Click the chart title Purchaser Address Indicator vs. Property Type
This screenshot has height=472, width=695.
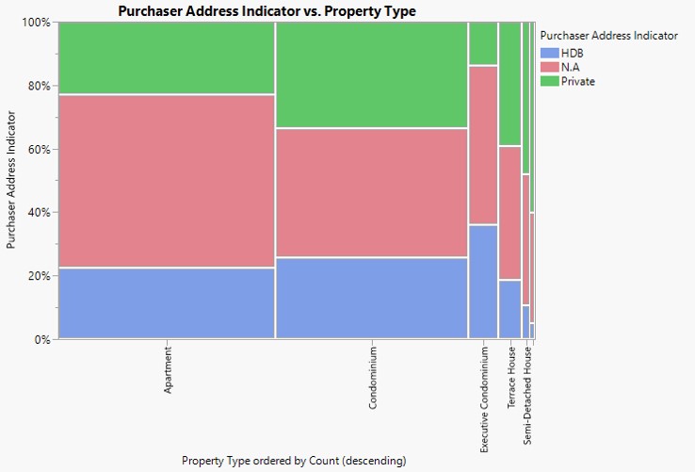[267, 11]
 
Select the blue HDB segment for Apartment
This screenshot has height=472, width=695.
[167, 302]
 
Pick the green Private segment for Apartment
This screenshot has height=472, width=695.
[167, 57]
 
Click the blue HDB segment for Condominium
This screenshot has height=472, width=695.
[372, 297]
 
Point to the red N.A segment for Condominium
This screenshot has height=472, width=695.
[372, 192]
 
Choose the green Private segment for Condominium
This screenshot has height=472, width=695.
[372, 74]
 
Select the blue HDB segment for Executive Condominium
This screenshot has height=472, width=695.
[483, 281]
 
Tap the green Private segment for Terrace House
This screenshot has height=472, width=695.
[509, 84]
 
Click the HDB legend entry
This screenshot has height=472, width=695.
[572, 53]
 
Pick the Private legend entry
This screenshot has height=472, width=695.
[577, 81]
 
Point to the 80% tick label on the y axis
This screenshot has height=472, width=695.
[38, 86]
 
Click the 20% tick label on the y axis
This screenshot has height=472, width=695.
[38, 276]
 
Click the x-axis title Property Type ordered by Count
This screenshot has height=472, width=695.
[294, 461]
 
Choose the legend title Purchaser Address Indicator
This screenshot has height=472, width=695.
[608, 36]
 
